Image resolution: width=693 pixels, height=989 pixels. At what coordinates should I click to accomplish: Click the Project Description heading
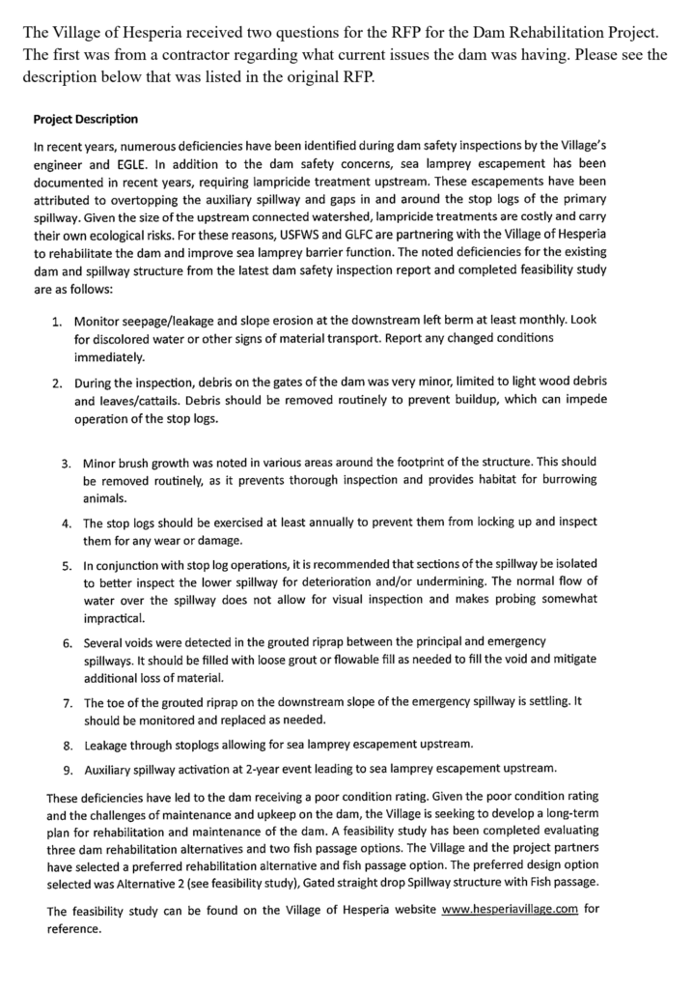point(85,120)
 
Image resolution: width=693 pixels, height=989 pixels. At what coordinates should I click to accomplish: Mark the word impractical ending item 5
point(114,618)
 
